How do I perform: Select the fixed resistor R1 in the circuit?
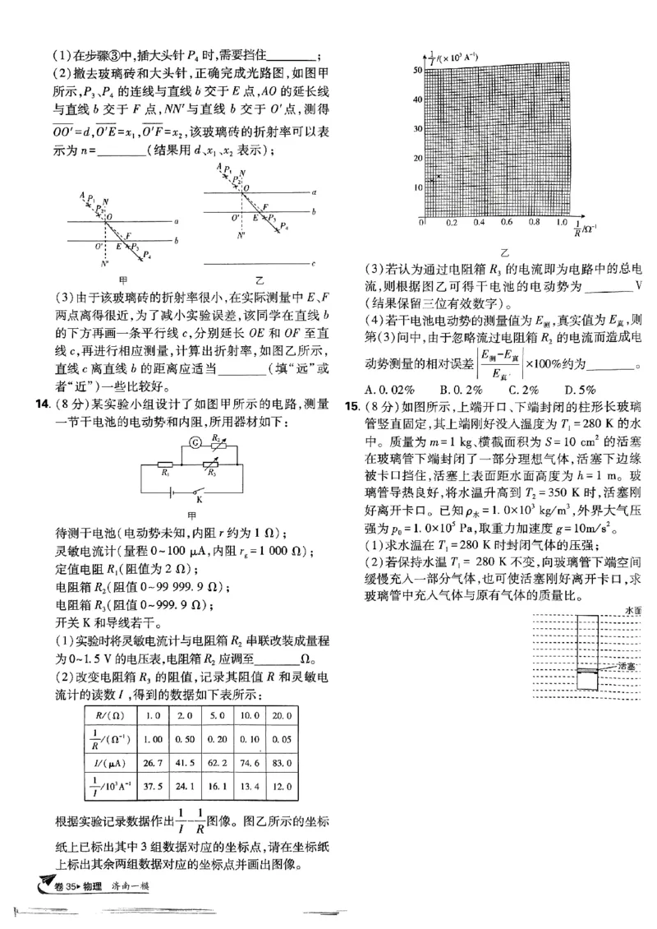[x=166, y=465]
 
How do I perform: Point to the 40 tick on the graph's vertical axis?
[x=417, y=99]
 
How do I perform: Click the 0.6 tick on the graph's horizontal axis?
[x=506, y=223]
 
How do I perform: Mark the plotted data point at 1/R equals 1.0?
[x=561, y=99]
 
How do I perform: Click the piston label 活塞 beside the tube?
[x=627, y=666]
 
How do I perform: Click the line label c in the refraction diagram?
[x=315, y=263]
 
